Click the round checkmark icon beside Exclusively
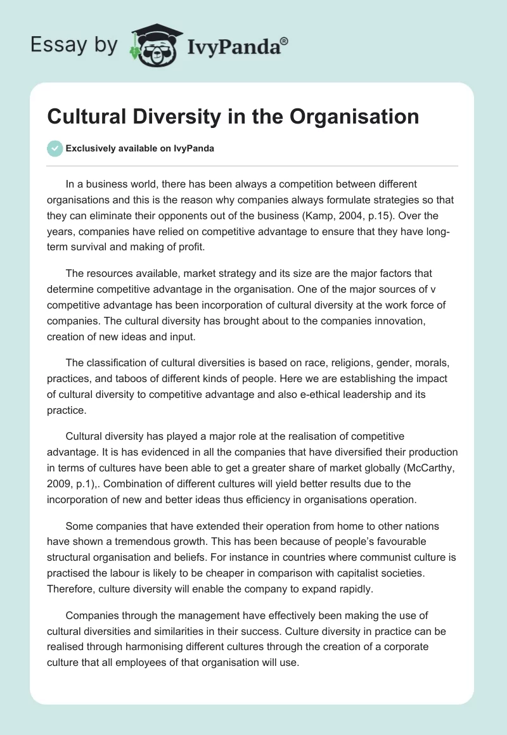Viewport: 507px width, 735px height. point(55,149)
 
